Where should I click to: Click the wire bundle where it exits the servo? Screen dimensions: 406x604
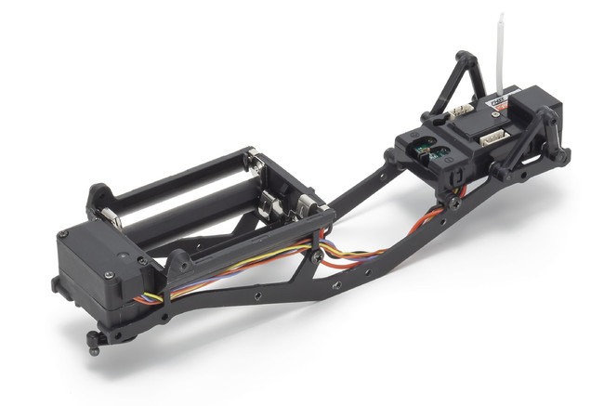149,299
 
